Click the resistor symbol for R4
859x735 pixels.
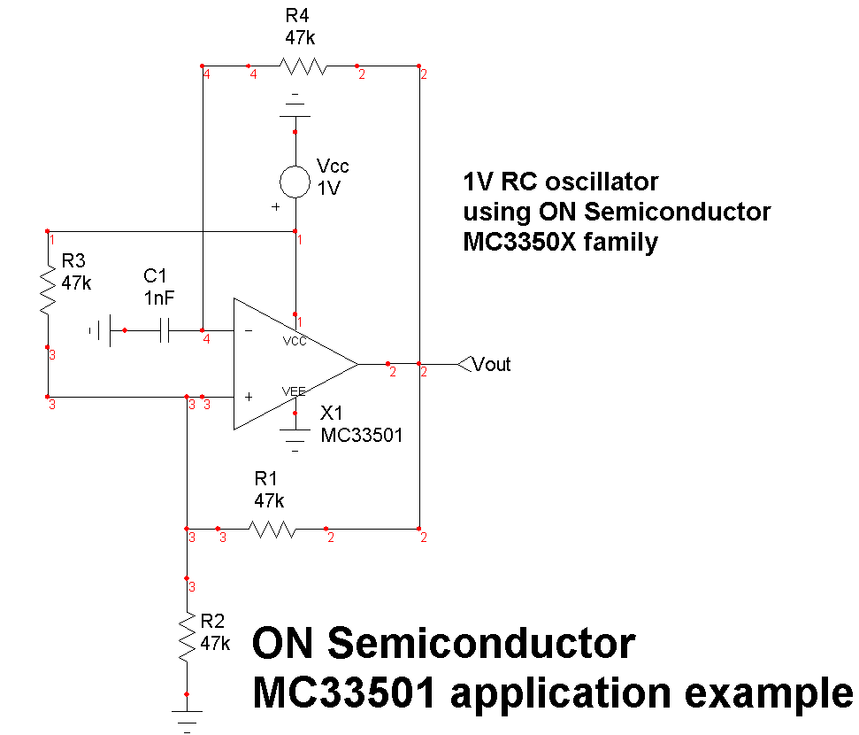pyautogui.click(x=303, y=66)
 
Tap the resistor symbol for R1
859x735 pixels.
pyautogui.click(x=272, y=530)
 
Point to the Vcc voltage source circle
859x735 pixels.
pyautogui.click(x=295, y=182)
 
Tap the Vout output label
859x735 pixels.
pyautogui.click(x=491, y=364)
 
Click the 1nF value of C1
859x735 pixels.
pyautogui.click(x=159, y=298)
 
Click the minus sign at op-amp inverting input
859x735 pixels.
pyautogui.click(x=248, y=331)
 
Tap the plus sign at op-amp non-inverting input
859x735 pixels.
pyautogui.click(x=249, y=398)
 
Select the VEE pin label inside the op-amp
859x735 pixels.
pyautogui.click(x=294, y=391)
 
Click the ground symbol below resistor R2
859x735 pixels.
pyautogui.click(x=187, y=716)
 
